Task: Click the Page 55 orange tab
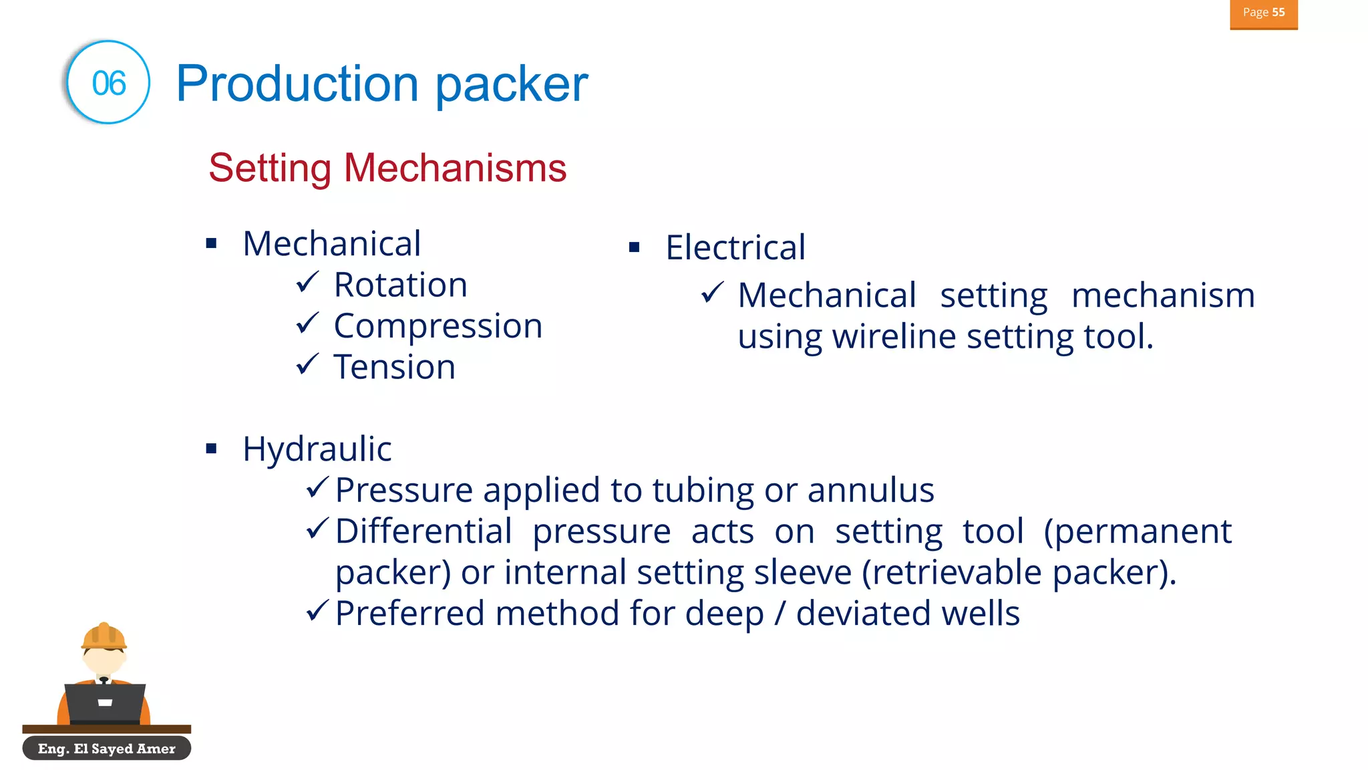coord(1263,13)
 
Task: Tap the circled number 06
coord(108,83)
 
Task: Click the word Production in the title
coord(297,84)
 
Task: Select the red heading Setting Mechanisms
coord(387,168)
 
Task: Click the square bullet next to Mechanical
coord(212,243)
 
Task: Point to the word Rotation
coord(400,285)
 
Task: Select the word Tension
coord(394,368)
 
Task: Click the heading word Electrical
coord(735,248)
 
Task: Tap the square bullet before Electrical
coord(635,248)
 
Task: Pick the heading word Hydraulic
coord(317,449)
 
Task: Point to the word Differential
coord(423,532)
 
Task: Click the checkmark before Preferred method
coord(317,610)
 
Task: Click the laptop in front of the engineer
coord(105,702)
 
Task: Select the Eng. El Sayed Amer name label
coord(106,749)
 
